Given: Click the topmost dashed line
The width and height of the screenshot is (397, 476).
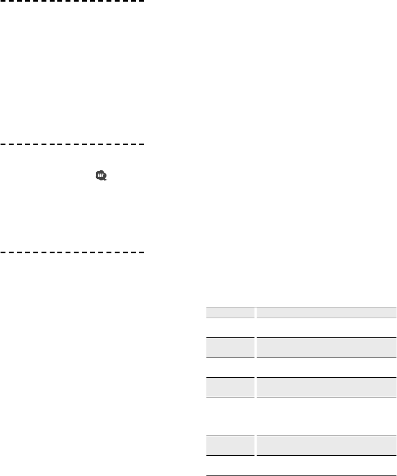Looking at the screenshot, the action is [x=73, y=2].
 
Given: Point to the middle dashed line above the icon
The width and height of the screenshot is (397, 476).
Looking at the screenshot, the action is [x=73, y=145].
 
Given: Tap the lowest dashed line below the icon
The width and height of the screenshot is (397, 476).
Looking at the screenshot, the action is [x=73, y=253].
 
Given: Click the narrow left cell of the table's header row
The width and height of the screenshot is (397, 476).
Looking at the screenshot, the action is [x=230, y=313].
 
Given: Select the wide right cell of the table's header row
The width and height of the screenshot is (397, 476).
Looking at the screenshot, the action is [x=326, y=313].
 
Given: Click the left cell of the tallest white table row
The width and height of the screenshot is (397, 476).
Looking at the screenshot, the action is [x=230, y=408].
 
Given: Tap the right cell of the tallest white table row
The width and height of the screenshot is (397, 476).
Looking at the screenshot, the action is [x=326, y=408].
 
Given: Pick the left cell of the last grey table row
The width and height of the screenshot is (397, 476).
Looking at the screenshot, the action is [x=230, y=431].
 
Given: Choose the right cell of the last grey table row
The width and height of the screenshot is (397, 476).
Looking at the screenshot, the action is [x=326, y=431].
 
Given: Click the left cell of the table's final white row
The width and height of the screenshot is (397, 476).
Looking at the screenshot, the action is [x=230, y=451].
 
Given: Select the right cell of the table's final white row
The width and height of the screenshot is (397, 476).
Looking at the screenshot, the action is [x=326, y=451].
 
